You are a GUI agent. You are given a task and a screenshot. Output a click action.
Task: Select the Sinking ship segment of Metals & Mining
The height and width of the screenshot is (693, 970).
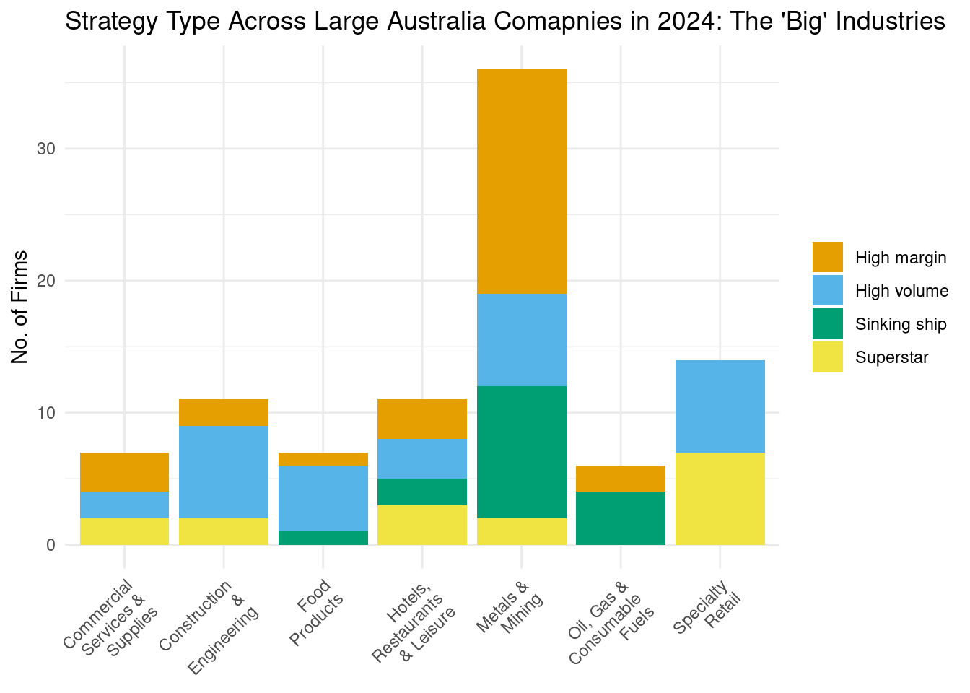(x=522, y=452)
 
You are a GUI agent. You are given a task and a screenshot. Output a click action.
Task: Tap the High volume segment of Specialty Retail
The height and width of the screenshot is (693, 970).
(x=720, y=406)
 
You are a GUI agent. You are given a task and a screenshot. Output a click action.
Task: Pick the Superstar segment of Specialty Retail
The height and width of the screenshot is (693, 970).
(x=720, y=498)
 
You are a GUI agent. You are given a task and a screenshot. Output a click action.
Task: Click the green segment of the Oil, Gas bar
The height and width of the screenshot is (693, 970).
(x=621, y=518)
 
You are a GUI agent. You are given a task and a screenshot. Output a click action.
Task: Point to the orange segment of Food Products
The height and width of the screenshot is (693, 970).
(x=323, y=459)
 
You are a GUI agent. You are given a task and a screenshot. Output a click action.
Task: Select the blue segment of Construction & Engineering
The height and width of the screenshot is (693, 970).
(x=224, y=471)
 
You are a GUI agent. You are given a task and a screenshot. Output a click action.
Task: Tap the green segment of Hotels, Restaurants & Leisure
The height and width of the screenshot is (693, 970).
(x=422, y=492)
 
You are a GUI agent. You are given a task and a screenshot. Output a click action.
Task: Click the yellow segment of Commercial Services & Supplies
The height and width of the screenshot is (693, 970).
(x=124, y=531)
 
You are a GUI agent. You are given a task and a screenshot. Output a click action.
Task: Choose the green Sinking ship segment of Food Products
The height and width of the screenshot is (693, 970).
(x=323, y=538)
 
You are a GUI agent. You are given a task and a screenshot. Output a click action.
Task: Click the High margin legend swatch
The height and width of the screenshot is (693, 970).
(x=827, y=258)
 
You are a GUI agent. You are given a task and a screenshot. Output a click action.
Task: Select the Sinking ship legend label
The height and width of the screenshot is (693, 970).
(x=900, y=324)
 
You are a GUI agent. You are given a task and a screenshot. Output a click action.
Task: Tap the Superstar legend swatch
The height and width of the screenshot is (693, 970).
(x=827, y=357)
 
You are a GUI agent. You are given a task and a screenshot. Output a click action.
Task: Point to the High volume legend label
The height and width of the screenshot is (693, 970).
(x=901, y=291)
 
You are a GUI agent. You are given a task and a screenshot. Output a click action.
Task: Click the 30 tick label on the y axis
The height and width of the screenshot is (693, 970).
(x=46, y=149)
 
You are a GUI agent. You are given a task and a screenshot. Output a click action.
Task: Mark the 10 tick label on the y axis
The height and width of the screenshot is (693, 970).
(x=46, y=413)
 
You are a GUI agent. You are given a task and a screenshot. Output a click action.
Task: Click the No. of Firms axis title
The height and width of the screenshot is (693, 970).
(x=19, y=307)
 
